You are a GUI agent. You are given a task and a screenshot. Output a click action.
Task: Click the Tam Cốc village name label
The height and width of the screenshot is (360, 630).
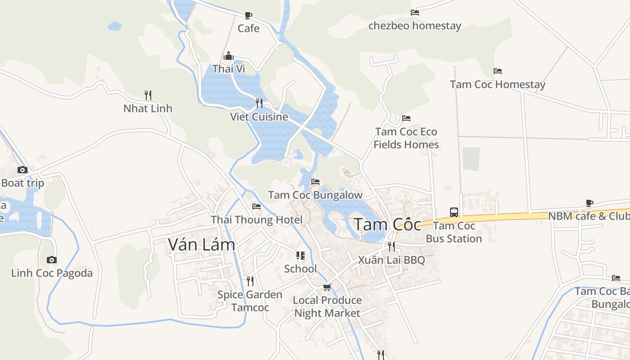(x=387, y=225)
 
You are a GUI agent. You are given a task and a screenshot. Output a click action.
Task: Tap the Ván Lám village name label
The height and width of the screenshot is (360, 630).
(x=202, y=244)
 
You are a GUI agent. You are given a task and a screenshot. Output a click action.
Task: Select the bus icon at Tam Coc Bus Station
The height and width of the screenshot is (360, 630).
(x=454, y=212)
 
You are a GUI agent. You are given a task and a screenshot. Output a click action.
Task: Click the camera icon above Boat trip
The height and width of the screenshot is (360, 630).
(x=22, y=170)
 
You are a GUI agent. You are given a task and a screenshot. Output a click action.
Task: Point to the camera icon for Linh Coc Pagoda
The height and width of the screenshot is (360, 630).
(x=52, y=260)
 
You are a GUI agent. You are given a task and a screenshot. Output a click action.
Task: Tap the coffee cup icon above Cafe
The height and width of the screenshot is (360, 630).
(x=248, y=15)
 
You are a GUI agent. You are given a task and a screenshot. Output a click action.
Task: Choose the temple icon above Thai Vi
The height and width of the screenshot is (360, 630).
(x=229, y=56)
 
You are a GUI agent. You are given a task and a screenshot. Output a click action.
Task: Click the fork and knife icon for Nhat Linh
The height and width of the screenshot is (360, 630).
(x=148, y=95)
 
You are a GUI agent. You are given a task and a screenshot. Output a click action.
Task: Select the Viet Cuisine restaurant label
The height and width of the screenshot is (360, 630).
(x=259, y=117)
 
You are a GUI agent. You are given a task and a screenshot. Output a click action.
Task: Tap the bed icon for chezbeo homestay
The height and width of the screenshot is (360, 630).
(x=415, y=13)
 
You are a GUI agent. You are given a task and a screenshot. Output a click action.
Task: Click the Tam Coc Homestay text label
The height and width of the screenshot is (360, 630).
(x=498, y=84)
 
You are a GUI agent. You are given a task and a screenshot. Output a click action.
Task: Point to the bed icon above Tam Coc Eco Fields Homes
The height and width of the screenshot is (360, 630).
(x=406, y=118)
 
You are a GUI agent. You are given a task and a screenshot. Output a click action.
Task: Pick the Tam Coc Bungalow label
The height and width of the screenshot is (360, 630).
(x=315, y=195)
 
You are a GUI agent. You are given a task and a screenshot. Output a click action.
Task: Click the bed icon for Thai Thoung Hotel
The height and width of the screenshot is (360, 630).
(x=256, y=207)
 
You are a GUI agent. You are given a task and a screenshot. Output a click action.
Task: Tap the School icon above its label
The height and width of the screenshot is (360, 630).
(x=300, y=256)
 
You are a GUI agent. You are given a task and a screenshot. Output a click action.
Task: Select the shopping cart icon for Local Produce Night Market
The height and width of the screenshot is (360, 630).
(x=327, y=287)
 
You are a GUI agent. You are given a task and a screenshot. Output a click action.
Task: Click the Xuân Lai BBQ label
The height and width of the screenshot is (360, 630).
(x=391, y=260)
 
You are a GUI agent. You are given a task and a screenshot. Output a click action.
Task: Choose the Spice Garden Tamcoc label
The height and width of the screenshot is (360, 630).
(x=250, y=301)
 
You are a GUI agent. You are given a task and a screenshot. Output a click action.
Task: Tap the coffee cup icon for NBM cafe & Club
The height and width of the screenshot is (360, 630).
(x=589, y=203)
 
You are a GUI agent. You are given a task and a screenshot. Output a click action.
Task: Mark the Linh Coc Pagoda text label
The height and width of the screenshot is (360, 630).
(x=52, y=273)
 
